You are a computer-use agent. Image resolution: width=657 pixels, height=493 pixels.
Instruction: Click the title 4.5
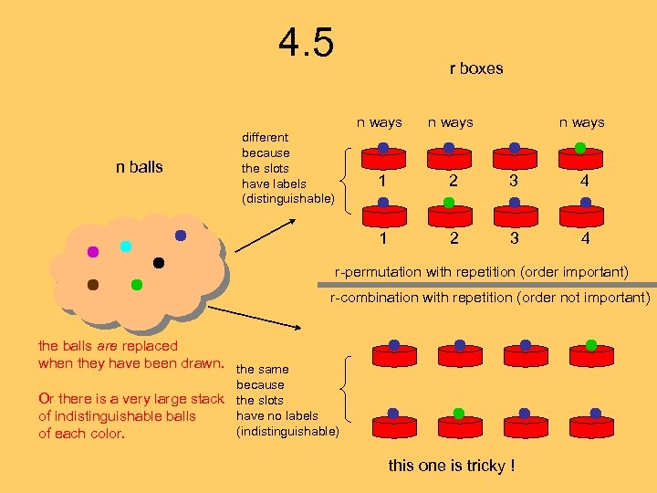click(307, 43)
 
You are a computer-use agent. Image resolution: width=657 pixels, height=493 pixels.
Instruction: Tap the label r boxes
click(475, 68)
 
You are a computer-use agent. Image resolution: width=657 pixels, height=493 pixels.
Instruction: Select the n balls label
click(139, 167)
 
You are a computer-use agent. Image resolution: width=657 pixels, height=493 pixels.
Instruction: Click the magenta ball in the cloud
click(92, 252)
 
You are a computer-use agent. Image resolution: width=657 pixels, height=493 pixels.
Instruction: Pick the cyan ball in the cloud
click(126, 246)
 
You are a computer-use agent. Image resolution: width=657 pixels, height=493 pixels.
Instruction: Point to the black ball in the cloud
click(159, 263)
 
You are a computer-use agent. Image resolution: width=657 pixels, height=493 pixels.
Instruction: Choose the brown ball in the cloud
click(92, 285)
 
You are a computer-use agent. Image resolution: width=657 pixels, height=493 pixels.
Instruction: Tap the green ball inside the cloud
click(136, 285)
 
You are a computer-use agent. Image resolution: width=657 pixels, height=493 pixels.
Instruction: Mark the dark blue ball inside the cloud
click(181, 236)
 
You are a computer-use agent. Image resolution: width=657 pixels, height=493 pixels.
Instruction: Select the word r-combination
click(374, 298)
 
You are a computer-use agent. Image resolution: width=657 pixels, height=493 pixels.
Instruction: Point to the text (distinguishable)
click(287, 198)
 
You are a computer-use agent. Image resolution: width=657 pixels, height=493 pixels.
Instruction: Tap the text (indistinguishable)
click(287, 431)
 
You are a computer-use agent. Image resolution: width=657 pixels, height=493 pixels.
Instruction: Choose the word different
click(265, 137)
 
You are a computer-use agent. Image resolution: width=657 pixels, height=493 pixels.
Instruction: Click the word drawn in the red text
click(202, 363)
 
